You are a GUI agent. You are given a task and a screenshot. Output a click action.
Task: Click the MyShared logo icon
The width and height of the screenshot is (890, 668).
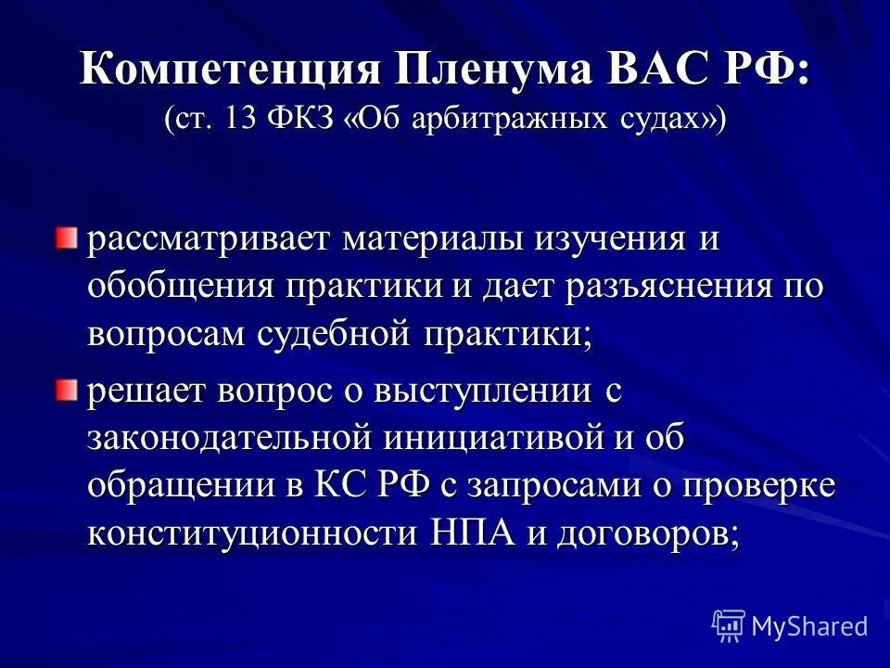click(728, 626)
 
